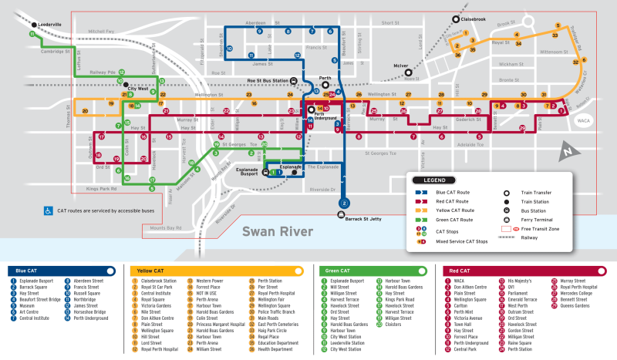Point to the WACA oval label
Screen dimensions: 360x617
pos(583,120)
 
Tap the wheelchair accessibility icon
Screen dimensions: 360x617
pos(49,209)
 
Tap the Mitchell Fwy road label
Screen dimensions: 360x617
pos(100,32)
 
